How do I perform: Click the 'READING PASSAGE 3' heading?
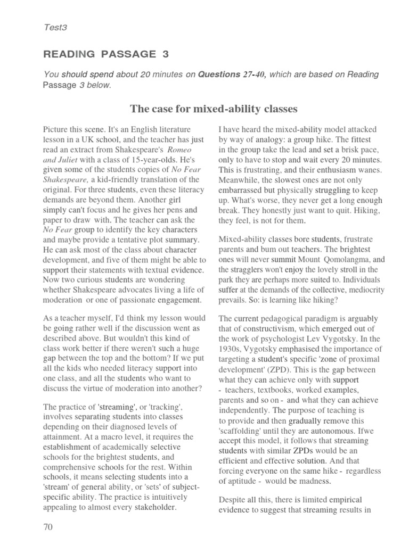(x=100, y=54)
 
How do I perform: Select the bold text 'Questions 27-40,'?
(x=233, y=75)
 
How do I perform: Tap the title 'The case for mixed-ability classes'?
(x=214, y=109)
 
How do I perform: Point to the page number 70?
(x=48, y=527)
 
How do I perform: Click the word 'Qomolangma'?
(x=346, y=259)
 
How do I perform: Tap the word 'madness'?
(x=312, y=481)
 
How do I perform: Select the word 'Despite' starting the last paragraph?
(x=232, y=500)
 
